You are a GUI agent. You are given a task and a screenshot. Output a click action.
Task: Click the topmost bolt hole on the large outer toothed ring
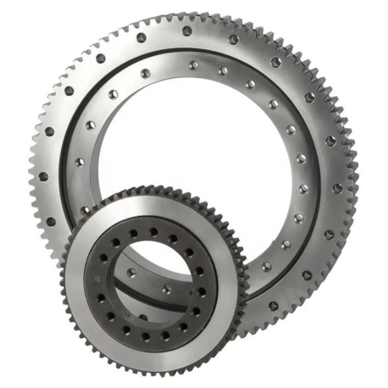coord(187,30)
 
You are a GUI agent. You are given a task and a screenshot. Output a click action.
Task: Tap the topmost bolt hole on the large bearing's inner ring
coord(193,65)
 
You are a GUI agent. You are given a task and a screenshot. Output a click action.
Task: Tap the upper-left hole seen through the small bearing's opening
coord(131,272)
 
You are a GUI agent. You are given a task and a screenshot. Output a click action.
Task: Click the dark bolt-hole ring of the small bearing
coord(103,259)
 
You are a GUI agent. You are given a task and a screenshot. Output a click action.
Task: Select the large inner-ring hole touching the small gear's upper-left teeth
coord(85,210)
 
